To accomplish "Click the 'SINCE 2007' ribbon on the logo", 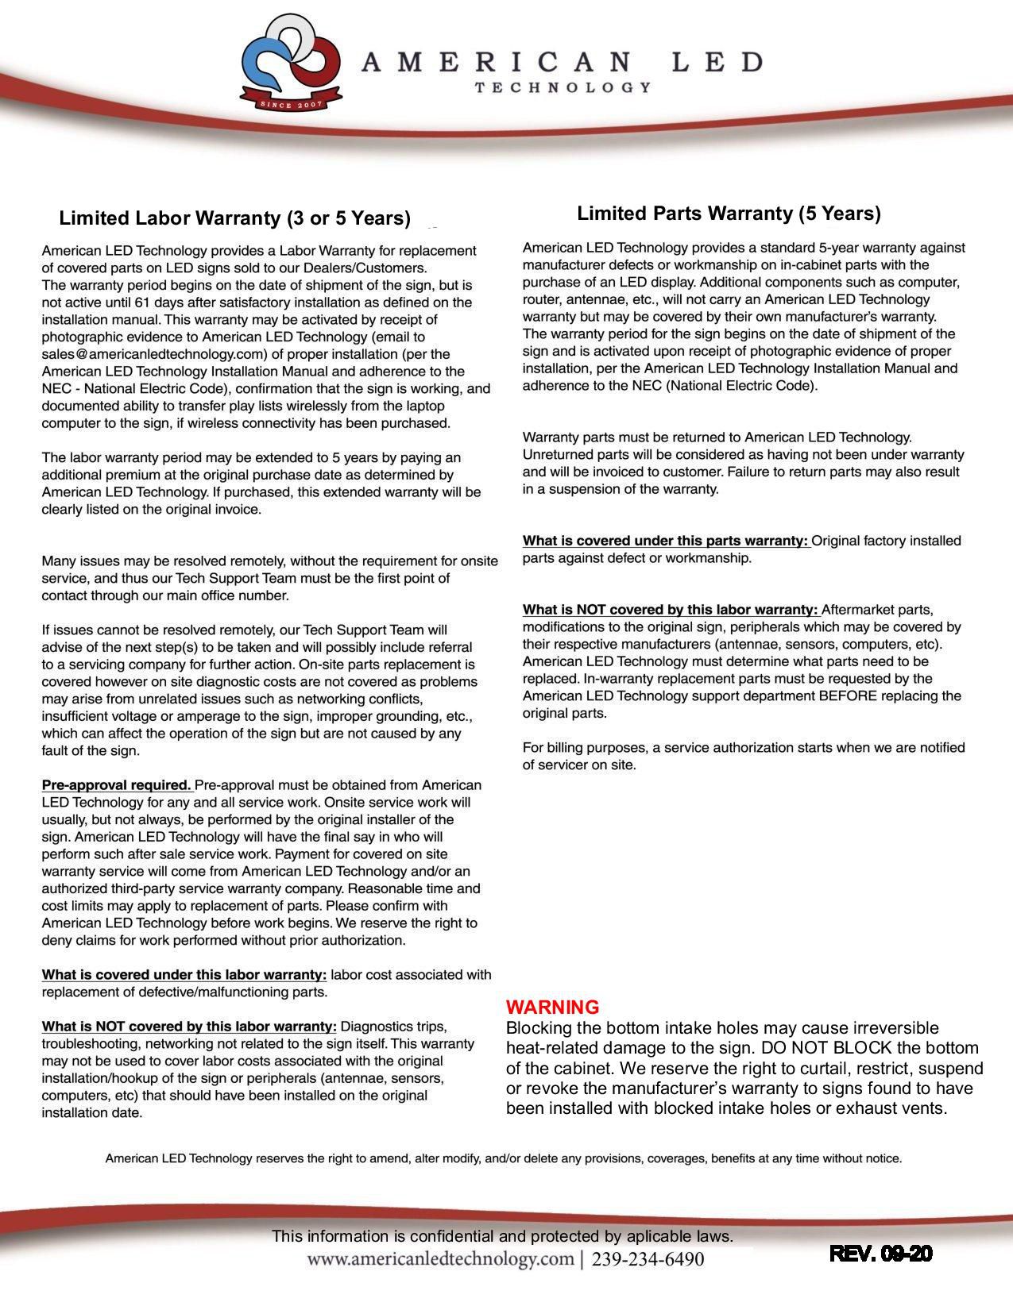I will (x=292, y=104).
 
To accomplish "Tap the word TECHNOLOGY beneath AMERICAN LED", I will (x=563, y=87).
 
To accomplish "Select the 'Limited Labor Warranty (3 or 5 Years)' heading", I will (x=235, y=218).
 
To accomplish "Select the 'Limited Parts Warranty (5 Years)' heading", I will (x=729, y=214).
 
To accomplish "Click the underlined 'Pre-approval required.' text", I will (x=116, y=785).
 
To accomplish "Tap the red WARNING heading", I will (x=552, y=1007).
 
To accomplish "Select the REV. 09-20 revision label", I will (x=880, y=1254).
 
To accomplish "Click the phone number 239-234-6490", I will (x=648, y=1259).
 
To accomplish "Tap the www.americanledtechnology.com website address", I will (x=440, y=1259).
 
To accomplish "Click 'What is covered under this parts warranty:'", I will (x=666, y=541).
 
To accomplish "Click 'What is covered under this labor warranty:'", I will (x=184, y=975).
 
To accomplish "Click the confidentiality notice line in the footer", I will (x=502, y=1236).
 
